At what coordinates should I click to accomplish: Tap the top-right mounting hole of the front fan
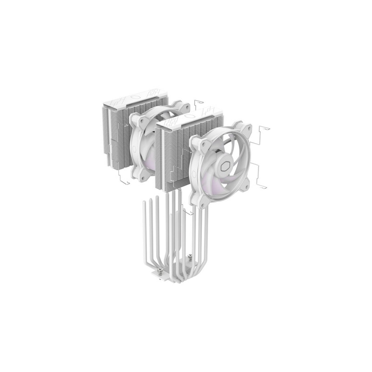coord(247,129)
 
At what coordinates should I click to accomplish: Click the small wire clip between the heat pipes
coord(188,212)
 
